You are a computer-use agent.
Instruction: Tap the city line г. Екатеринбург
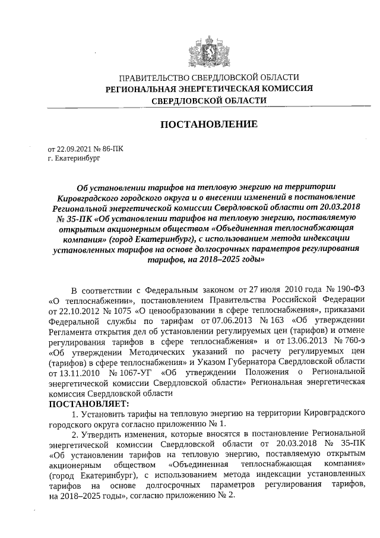pyautogui.click(x=75, y=159)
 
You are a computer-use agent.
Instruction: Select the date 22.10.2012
pyautogui.click(x=70, y=311)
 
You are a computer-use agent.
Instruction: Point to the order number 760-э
pyautogui.click(x=349, y=343)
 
